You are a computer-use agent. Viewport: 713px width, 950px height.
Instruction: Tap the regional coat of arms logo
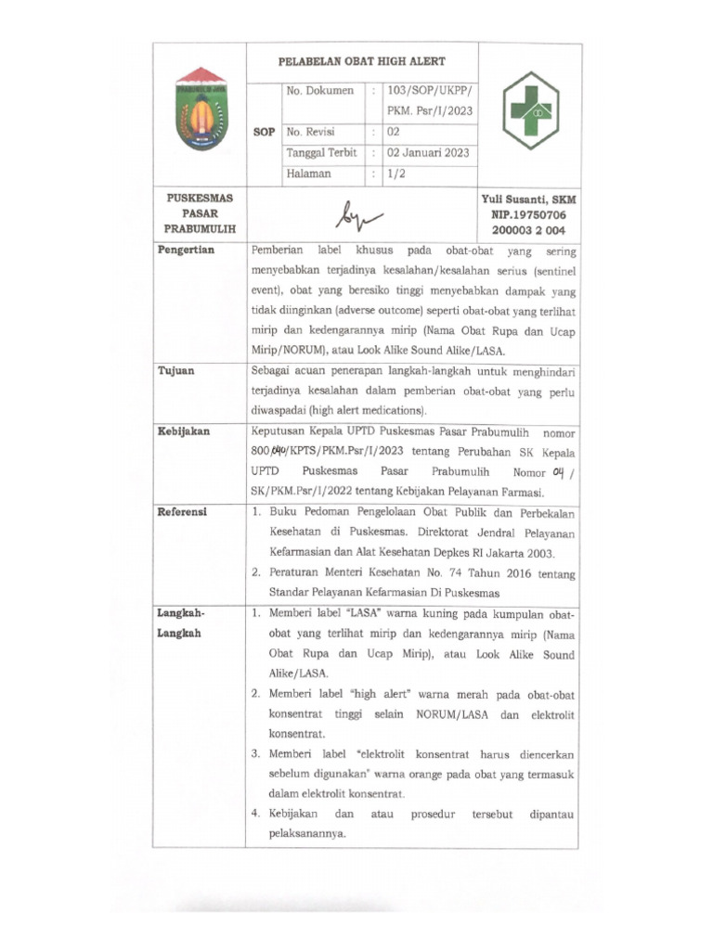click(x=201, y=109)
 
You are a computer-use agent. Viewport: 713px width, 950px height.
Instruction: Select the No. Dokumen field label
click(x=320, y=92)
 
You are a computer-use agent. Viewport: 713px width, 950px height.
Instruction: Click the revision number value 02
click(x=394, y=132)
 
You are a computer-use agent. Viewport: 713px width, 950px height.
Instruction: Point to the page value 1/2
click(x=396, y=173)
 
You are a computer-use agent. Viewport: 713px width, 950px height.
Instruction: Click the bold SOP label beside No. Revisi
click(x=264, y=133)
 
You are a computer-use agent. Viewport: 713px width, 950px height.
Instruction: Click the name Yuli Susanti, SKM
click(x=528, y=199)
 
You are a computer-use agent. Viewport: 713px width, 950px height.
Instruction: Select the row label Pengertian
click(x=186, y=251)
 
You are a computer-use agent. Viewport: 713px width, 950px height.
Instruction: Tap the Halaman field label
click(x=309, y=173)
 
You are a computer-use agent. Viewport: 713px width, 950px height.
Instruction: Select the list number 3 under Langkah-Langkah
click(x=255, y=753)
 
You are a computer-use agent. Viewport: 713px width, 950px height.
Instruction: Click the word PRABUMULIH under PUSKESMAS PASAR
click(x=200, y=228)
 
